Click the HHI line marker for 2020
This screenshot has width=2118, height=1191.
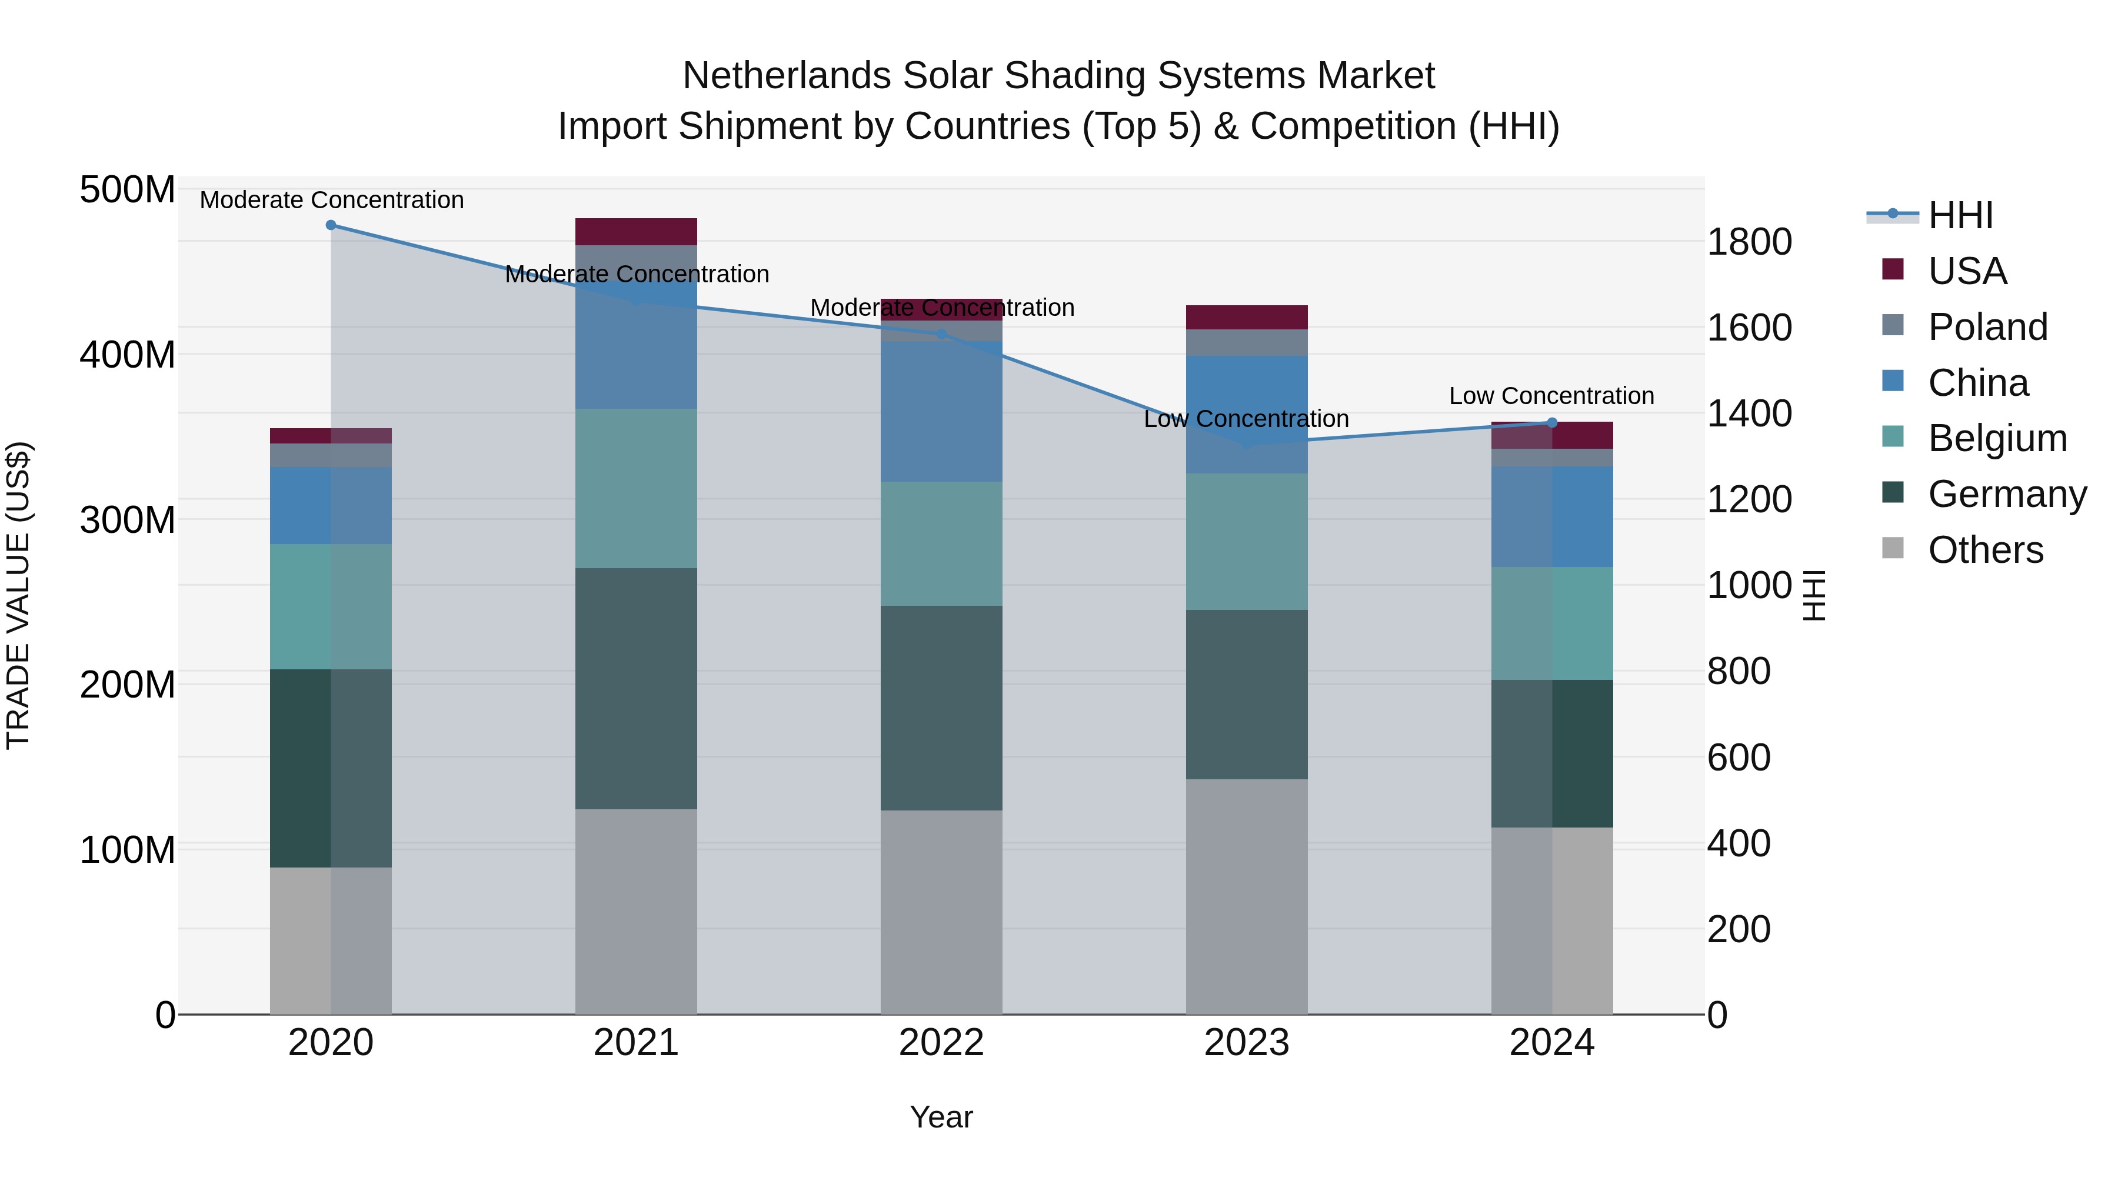(331, 225)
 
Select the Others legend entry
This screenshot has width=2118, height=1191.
(1985, 550)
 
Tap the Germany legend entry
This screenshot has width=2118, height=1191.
(2006, 494)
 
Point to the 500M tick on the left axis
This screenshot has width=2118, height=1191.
(128, 190)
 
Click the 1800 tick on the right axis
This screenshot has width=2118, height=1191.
(1750, 242)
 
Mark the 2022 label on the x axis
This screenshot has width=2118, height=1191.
(941, 1043)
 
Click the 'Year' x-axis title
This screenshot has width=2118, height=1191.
(941, 1117)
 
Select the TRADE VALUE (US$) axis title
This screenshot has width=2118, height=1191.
(18, 595)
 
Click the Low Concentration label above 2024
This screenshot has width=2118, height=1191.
(1551, 396)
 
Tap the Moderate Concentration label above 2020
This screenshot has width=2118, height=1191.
(331, 201)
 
